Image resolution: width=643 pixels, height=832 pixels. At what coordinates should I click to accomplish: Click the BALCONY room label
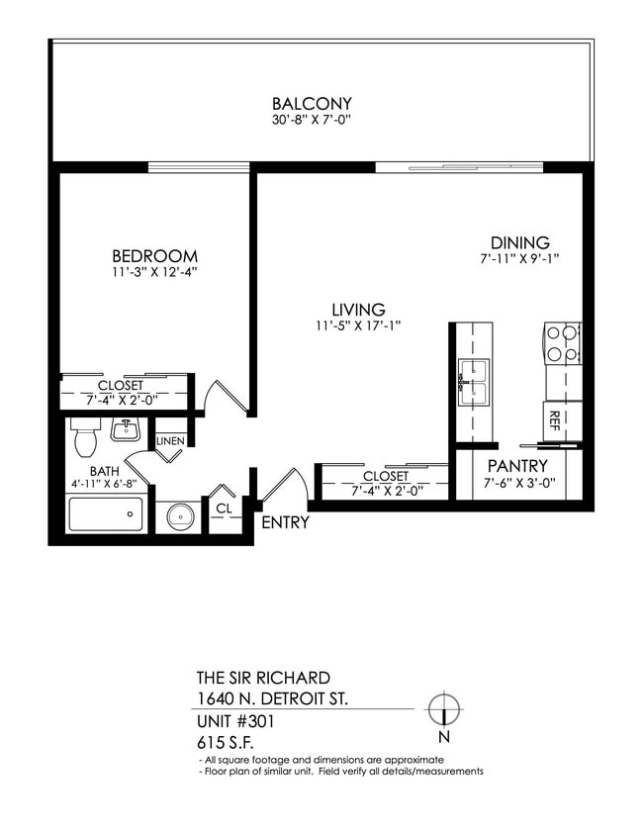click(312, 104)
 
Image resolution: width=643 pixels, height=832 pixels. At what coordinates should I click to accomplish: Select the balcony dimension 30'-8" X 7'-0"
click(312, 120)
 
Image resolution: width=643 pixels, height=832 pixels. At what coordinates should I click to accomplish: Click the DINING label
click(520, 243)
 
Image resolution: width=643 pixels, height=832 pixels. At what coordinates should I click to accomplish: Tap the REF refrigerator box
click(554, 420)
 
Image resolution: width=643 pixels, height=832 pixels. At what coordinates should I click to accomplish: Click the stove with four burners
click(561, 342)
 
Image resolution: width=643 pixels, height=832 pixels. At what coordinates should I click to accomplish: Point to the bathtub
click(105, 514)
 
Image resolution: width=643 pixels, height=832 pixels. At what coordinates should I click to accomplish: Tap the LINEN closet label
click(170, 440)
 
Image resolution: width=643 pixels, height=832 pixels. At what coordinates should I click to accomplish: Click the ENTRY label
click(285, 523)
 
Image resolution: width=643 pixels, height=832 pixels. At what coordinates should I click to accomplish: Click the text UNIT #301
click(235, 721)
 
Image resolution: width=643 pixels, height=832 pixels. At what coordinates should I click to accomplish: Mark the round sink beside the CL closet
click(179, 516)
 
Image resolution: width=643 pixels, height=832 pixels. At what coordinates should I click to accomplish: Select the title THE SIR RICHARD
click(263, 679)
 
